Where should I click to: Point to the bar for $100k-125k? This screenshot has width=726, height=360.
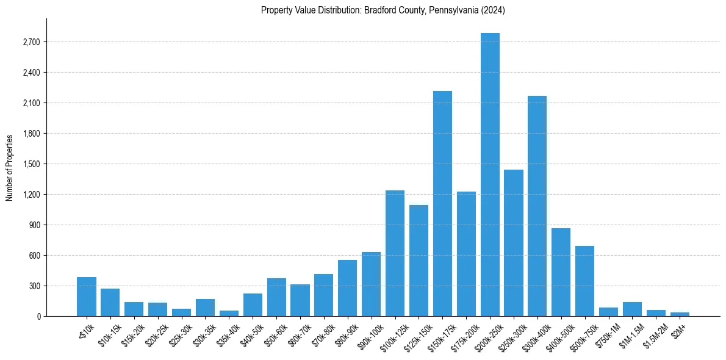click(395, 253)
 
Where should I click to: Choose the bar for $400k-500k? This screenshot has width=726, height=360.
click(561, 272)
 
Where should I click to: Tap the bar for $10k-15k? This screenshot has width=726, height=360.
click(110, 302)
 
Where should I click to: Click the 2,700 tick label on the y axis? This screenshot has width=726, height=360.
click(31, 42)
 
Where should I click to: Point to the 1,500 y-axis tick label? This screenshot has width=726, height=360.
click(31, 164)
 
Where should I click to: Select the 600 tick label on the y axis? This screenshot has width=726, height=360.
click(34, 256)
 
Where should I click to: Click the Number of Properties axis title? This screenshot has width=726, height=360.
click(9, 167)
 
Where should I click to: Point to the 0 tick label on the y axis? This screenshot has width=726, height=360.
click(38, 317)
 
